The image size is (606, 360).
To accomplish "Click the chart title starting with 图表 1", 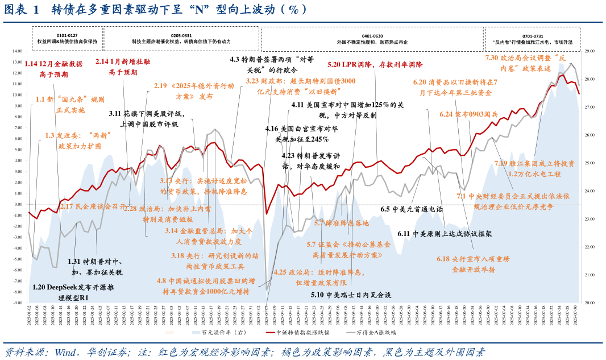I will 156,10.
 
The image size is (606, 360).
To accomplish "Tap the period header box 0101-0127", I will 67,39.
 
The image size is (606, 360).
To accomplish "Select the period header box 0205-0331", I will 181,39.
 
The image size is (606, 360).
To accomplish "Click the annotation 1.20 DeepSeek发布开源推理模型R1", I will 68,292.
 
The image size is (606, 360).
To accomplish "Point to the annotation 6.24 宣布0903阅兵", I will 468,114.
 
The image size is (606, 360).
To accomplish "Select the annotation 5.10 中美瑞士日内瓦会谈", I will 351,295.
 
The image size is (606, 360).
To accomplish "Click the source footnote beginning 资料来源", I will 244,352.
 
